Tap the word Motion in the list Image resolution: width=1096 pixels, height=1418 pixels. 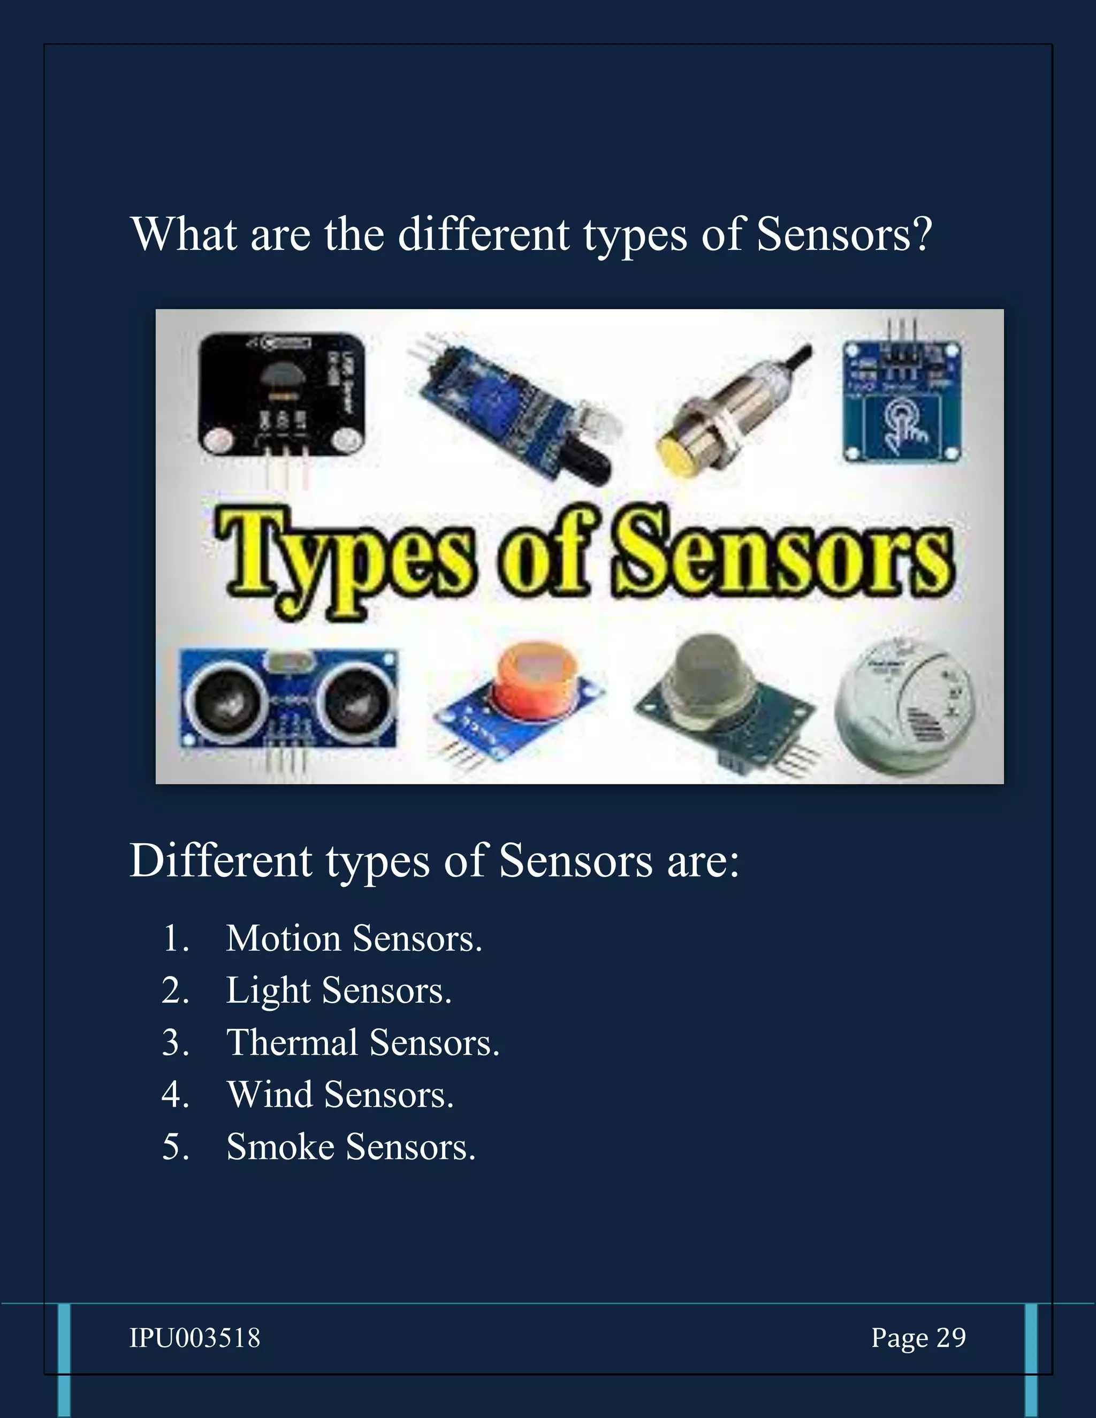(283, 939)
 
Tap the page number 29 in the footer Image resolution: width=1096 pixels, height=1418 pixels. (951, 1338)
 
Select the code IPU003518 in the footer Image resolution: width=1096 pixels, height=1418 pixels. (195, 1338)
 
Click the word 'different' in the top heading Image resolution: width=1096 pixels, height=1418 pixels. (483, 234)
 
